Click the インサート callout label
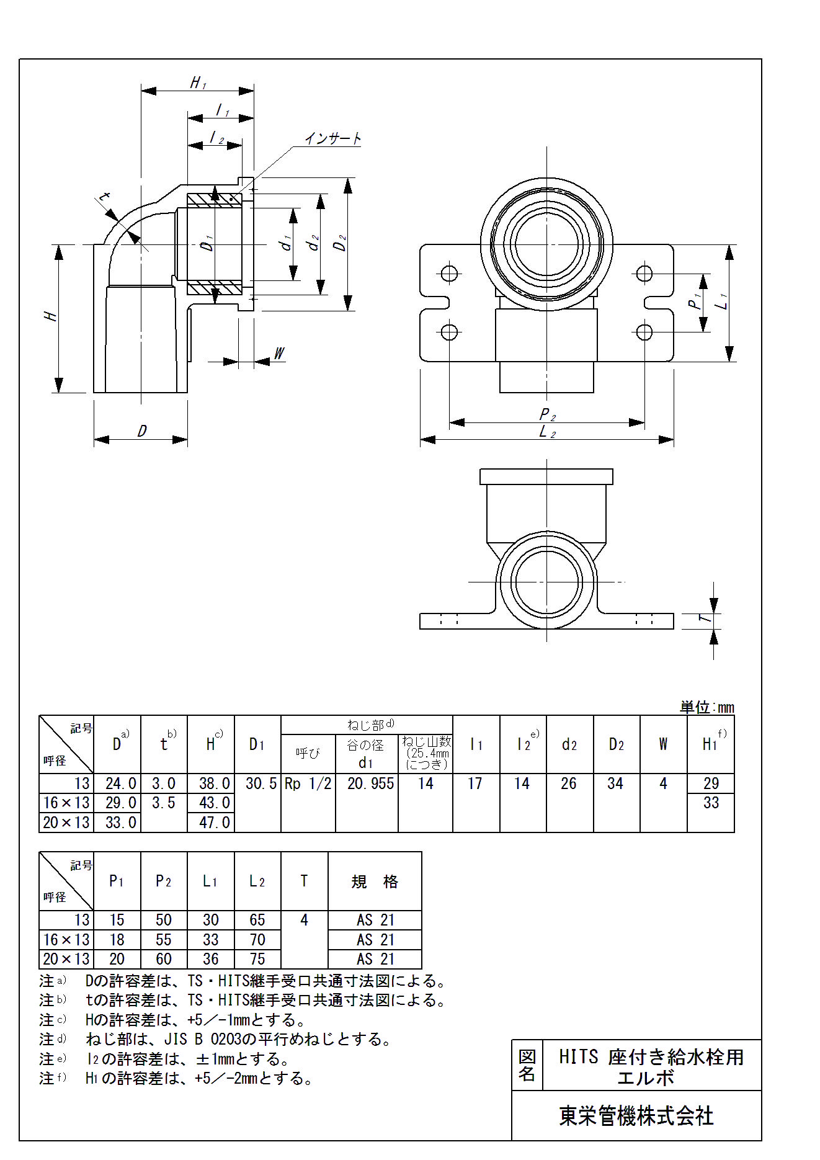[333, 138]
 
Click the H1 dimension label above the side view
[198, 83]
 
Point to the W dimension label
[279, 354]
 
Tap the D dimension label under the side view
[142, 431]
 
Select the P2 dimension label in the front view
[547, 414]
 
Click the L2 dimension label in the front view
[547, 432]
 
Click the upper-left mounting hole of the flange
[449, 274]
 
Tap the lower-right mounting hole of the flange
[644, 332]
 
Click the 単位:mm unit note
[706, 707]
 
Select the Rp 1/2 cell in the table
[308, 783]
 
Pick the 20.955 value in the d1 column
[370, 783]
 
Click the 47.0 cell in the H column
[214, 823]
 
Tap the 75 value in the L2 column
[257, 959]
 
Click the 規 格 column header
[375, 881]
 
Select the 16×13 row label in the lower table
[66, 940]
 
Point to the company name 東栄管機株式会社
[636, 1117]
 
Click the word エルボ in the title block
[645, 1078]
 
